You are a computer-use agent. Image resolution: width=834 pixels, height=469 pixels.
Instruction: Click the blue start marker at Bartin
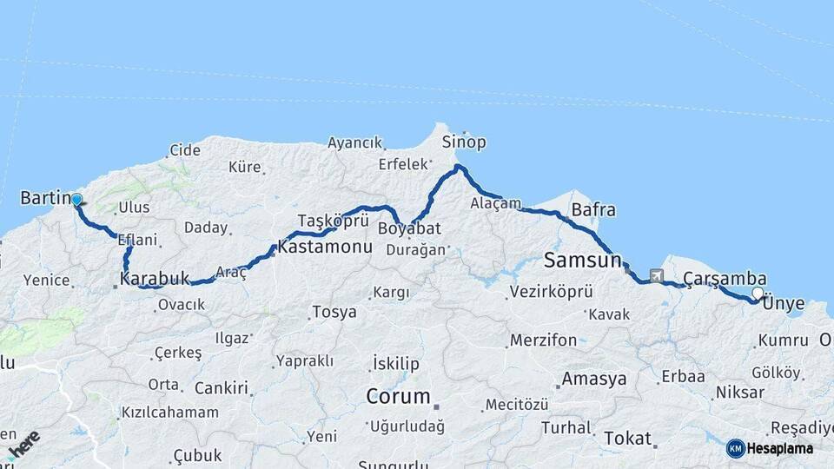pyautogui.click(x=76, y=200)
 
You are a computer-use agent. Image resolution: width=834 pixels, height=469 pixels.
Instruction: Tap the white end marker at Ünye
pyautogui.click(x=758, y=294)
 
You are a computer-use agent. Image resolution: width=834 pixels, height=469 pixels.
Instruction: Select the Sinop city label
pyautogui.click(x=464, y=142)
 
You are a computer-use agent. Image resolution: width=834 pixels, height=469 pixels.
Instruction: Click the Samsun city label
pyautogui.click(x=582, y=259)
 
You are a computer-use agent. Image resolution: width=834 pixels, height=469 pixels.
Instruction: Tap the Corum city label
pyautogui.click(x=398, y=397)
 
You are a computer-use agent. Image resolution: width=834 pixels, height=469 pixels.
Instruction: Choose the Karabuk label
pyautogui.click(x=155, y=279)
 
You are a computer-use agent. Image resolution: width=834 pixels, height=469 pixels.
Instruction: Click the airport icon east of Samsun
pyautogui.click(x=655, y=276)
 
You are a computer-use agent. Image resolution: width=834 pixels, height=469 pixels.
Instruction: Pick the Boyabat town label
pyautogui.click(x=409, y=228)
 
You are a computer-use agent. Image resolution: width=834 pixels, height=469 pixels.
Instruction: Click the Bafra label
pyautogui.click(x=593, y=209)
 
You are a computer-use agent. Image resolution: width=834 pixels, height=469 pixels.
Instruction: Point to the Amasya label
pyautogui.click(x=594, y=379)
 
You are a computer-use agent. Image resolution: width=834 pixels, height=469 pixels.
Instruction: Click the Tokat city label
pyautogui.click(x=627, y=438)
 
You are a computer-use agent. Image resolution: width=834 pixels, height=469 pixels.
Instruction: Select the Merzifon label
pyautogui.click(x=543, y=340)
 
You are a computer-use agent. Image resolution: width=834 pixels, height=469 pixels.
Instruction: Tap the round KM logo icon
pyautogui.click(x=736, y=448)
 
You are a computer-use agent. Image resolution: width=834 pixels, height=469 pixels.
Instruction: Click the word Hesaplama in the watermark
pyautogui.click(x=781, y=448)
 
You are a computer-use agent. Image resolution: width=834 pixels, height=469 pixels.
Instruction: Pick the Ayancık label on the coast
pyautogui.click(x=354, y=142)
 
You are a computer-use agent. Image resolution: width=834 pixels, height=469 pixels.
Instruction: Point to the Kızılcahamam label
pyautogui.click(x=170, y=412)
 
